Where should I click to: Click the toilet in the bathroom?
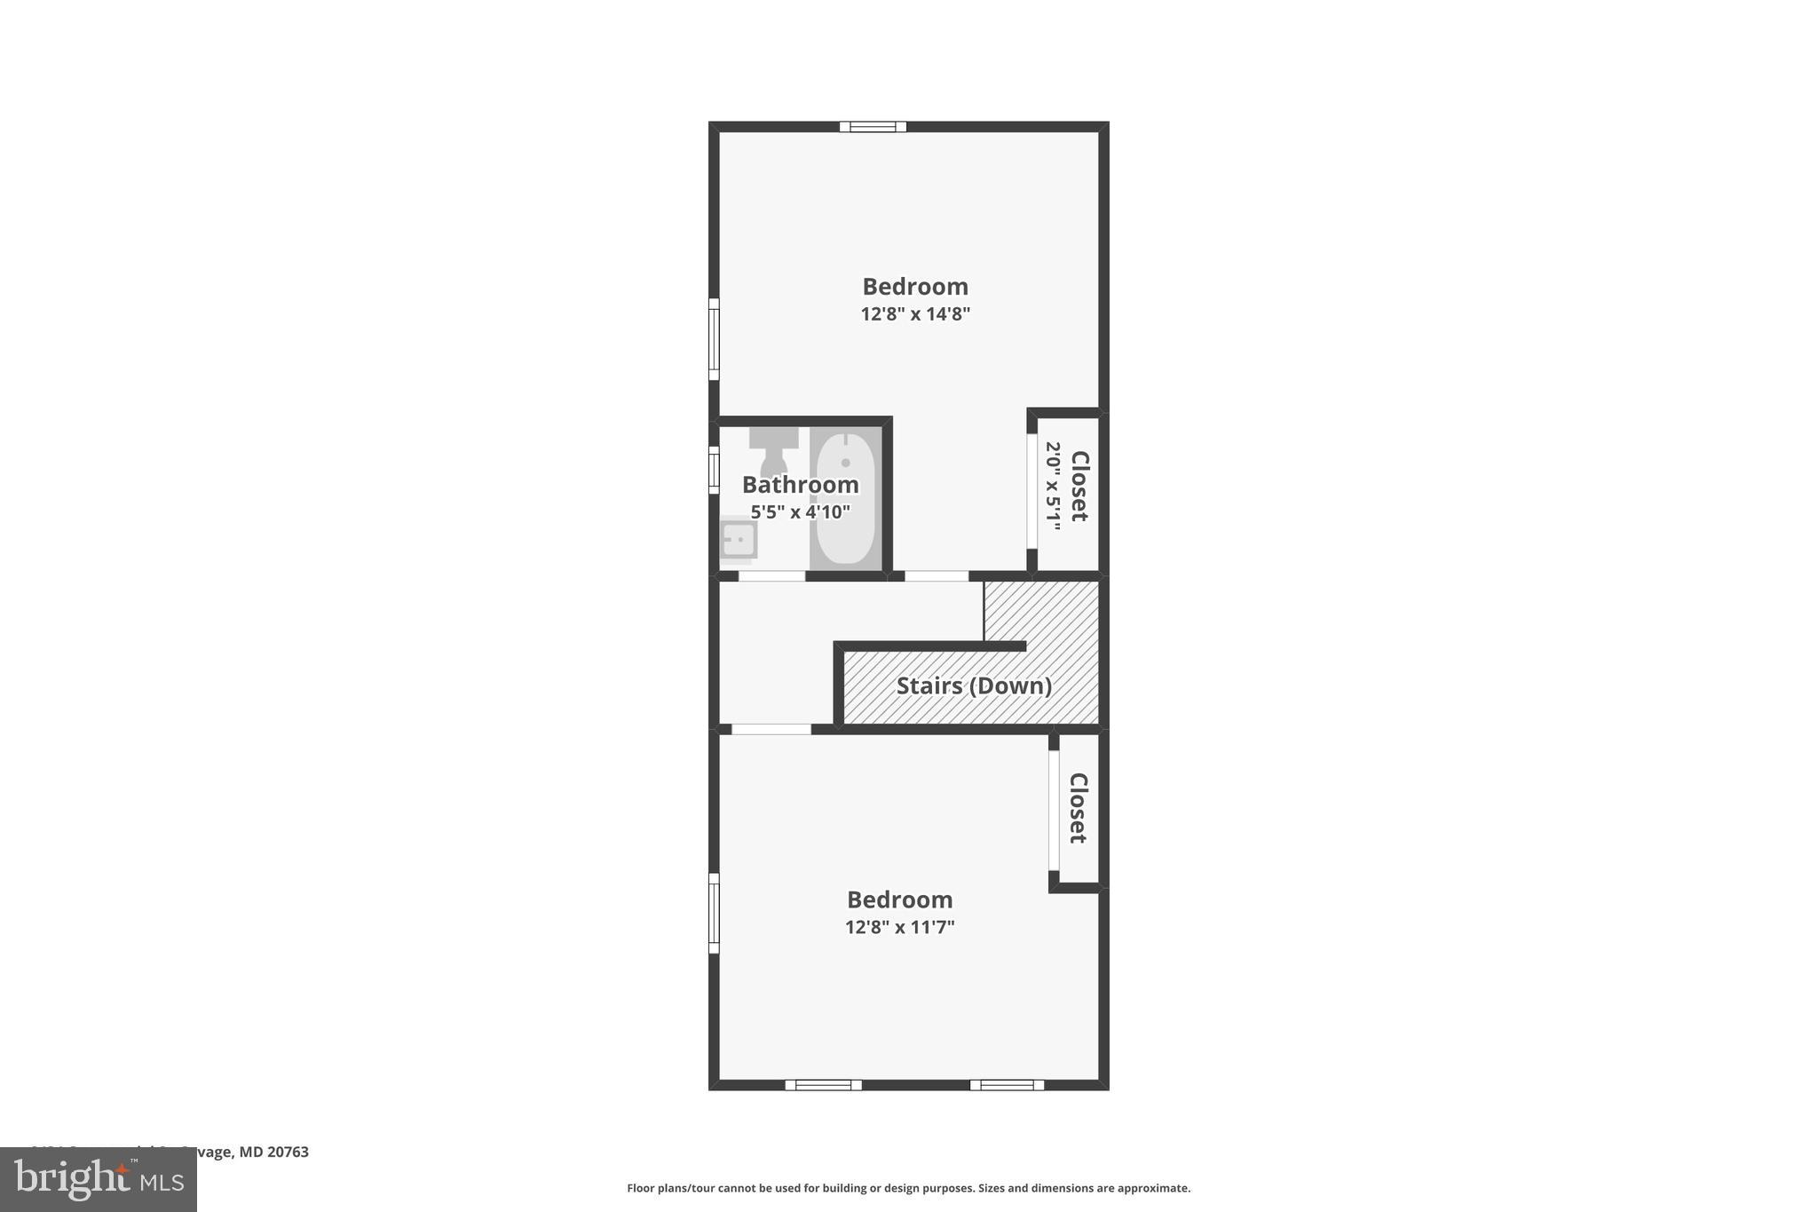(773, 450)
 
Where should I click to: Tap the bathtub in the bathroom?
(845, 498)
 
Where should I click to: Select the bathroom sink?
(738, 539)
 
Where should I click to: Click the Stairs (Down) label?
(974, 685)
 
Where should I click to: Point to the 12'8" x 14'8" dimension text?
(915, 314)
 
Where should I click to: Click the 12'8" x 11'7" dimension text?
(899, 928)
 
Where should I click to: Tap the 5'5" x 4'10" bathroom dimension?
(800, 512)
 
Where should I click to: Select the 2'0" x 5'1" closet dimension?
(1053, 486)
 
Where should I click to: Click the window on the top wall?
(873, 127)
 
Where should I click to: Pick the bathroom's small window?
(714, 470)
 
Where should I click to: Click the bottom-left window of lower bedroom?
(823, 1084)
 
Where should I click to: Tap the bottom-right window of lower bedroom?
(1007, 1084)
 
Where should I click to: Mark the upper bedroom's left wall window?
(714, 339)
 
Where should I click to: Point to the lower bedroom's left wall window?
(714, 913)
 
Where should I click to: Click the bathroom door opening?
(771, 576)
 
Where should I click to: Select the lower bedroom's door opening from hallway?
(771, 730)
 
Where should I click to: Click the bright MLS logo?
(99, 1180)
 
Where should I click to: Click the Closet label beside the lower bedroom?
(1078, 808)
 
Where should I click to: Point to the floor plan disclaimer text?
(908, 1188)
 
